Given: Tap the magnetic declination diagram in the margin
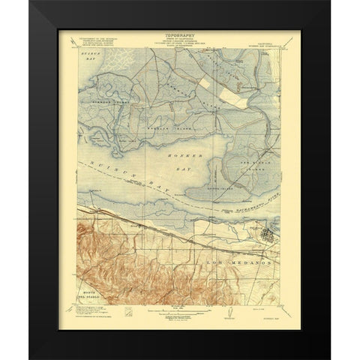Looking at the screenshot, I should [225, 310].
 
